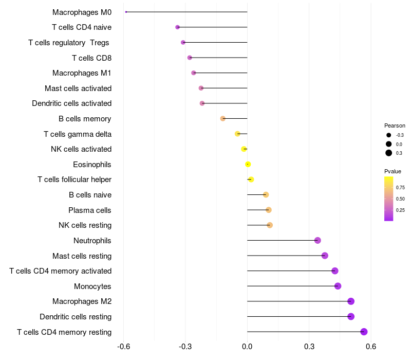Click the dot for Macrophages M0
(126, 12)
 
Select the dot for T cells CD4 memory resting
(364, 332)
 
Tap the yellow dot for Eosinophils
(248, 164)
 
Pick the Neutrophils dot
(317, 240)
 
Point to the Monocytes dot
(338, 286)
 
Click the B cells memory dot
(222, 119)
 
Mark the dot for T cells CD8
(190, 58)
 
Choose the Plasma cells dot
(268, 210)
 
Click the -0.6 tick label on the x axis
(123, 346)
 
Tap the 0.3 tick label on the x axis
(309, 346)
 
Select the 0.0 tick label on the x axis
(247, 346)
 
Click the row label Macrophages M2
(82, 301)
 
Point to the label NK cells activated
(81, 149)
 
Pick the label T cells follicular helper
(74, 179)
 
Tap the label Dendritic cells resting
(76, 317)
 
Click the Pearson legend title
(395, 125)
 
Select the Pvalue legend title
(393, 171)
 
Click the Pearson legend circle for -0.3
(389, 135)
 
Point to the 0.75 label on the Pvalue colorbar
(400, 188)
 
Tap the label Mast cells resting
(82, 256)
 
